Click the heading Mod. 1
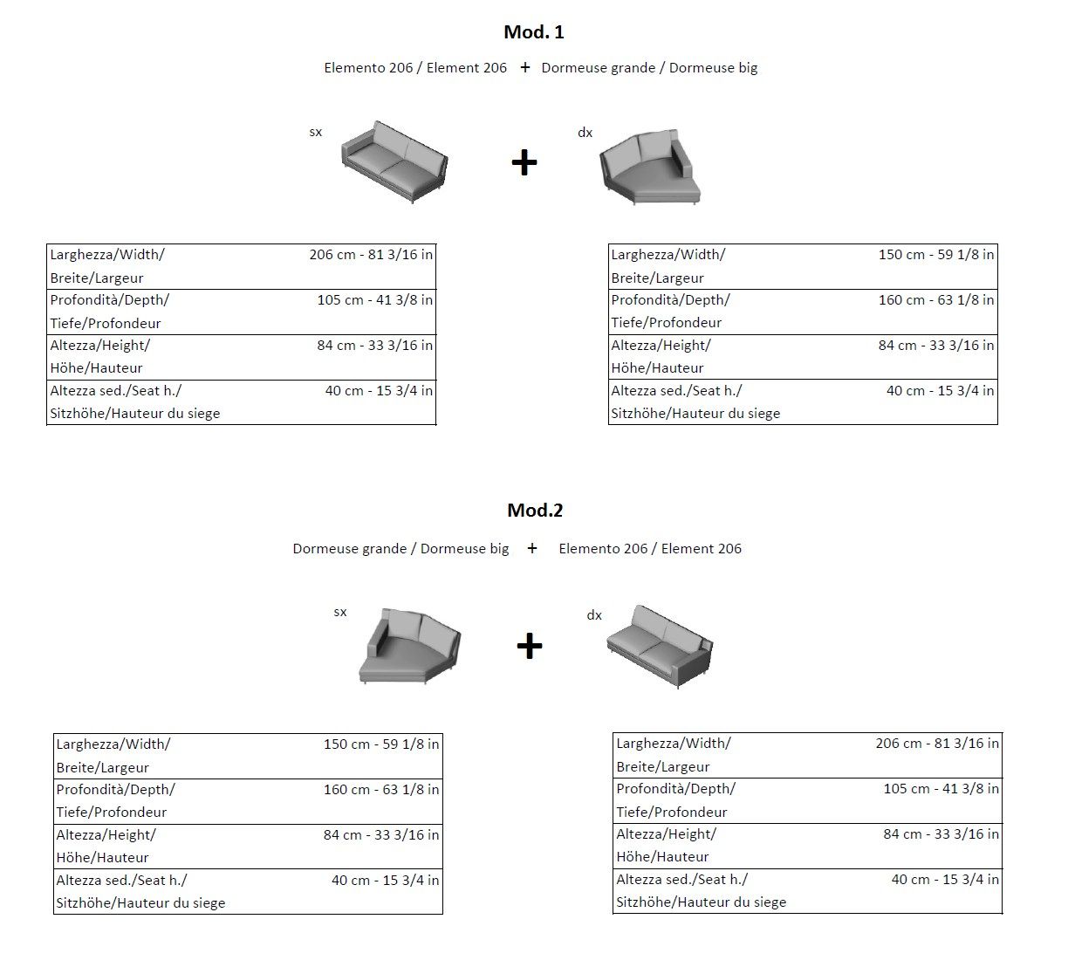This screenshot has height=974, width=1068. pos(534,32)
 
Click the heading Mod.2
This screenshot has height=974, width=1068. pos(535,511)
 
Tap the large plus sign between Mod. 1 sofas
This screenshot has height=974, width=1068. pos(524,163)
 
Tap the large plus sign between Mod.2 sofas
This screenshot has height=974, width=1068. pos(530,647)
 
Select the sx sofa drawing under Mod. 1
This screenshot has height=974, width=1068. pos(394,162)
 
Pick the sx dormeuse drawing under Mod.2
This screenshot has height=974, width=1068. pos(409,647)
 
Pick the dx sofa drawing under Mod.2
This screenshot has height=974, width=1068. pos(660,646)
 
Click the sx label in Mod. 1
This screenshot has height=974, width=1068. pos(316,133)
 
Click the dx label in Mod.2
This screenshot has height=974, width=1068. pos(594,615)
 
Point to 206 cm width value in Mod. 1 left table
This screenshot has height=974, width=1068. pos(371,255)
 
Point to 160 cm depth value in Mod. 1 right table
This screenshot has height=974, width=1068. pos(935,300)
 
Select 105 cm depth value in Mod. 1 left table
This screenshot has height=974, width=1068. pos(374,300)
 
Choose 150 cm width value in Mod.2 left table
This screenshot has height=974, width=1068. pos(381,744)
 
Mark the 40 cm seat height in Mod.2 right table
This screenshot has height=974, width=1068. pos(945,880)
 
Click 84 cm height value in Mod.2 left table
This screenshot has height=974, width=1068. pos(381,835)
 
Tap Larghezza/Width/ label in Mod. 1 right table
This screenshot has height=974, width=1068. pos(668,255)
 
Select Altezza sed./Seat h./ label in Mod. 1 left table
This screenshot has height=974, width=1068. pos(116,391)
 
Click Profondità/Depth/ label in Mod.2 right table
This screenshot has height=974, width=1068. pos(675,789)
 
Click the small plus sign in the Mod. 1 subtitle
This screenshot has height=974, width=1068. pos(524,68)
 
